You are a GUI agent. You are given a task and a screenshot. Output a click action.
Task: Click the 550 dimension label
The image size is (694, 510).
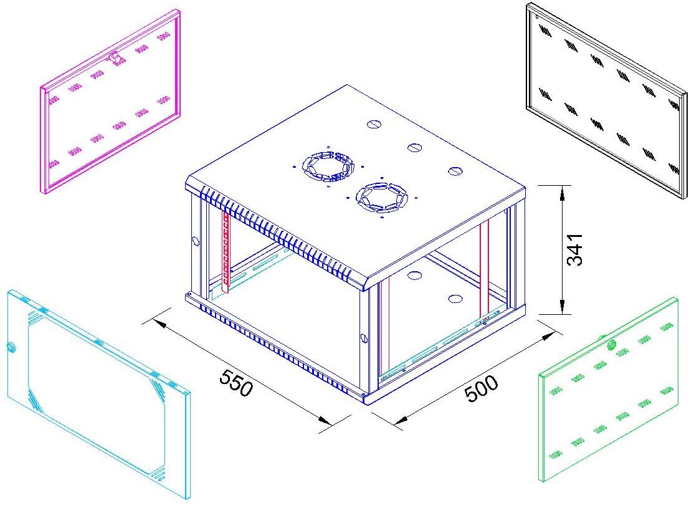pyautogui.click(x=236, y=382)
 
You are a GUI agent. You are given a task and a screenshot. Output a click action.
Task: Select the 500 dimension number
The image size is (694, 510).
pyautogui.click(x=481, y=388)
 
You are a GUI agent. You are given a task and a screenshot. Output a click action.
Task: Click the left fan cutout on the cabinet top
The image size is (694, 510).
pyautogui.click(x=328, y=166)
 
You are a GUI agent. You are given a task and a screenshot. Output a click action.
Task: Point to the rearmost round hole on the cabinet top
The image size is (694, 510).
pyautogui.click(x=374, y=125)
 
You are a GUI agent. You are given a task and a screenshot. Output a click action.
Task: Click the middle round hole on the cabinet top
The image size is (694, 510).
pyautogui.click(x=414, y=148)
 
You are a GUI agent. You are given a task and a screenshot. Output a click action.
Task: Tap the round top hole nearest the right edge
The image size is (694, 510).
pyautogui.click(x=455, y=171)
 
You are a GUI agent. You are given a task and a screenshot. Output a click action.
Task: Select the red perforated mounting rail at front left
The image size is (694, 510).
pyautogui.click(x=226, y=251)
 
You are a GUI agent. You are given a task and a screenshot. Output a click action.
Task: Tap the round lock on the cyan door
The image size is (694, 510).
pyautogui.click(x=11, y=347)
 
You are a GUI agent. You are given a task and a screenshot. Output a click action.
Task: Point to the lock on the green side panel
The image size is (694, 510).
pyautogui.click(x=612, y=344)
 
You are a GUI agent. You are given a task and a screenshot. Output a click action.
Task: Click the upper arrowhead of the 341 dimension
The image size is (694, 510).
pyautogui.click(x=562, y=192)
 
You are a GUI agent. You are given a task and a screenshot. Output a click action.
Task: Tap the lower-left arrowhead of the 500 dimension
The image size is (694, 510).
pyautogui.click(x=401, y=419)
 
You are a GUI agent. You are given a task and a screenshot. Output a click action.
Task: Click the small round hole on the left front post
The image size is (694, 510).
pyautogui.click(x=195, y=241)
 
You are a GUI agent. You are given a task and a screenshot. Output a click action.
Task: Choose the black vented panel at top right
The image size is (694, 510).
pyautogui.click(x=606, y=100)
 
